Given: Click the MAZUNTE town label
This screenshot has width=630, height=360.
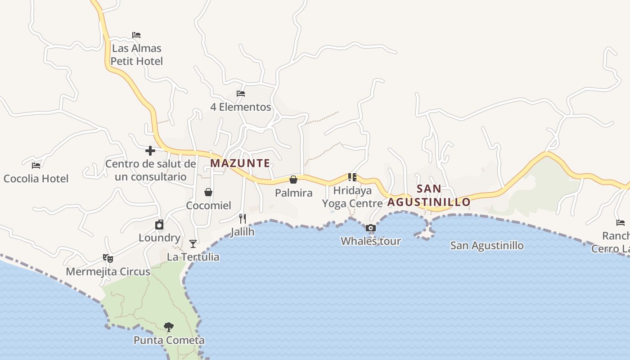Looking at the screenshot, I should pos(240,163).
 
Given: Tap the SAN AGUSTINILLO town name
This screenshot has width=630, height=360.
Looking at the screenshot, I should pos(429,195).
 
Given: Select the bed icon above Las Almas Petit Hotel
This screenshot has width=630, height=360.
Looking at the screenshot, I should pos(136,35).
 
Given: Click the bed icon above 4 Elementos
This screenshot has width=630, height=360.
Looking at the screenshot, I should pos(241,94).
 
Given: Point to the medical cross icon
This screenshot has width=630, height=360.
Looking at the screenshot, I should pos(150,151).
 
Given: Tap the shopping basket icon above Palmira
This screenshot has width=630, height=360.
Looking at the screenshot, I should pos(293,180).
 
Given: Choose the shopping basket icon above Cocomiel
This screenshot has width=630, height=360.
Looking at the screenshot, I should pos(208,193).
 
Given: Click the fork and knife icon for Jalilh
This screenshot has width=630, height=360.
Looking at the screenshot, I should pos(243,219).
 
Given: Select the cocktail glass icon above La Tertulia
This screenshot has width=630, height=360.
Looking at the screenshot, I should pos(193,244).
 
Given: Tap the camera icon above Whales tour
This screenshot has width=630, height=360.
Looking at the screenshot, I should pos(371,228).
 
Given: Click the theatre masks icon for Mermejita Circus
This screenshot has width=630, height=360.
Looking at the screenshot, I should pos(108,258).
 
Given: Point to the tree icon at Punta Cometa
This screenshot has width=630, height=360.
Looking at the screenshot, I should pos(169,327).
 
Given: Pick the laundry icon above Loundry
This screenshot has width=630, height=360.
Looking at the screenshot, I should pos(159,225).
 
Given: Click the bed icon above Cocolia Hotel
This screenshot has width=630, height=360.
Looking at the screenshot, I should pos(36,166).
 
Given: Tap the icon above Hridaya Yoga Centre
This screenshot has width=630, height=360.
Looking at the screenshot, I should pos(352,177).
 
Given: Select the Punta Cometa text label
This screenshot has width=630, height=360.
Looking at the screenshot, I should pos(169,340).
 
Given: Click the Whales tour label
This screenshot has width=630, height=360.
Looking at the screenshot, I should pos(370,241).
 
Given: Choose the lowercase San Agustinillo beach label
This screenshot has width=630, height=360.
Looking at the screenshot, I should pos(487,245).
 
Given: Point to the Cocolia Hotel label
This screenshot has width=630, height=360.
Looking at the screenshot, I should pos(36,179).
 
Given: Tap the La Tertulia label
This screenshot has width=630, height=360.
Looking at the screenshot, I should pos(193,257).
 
